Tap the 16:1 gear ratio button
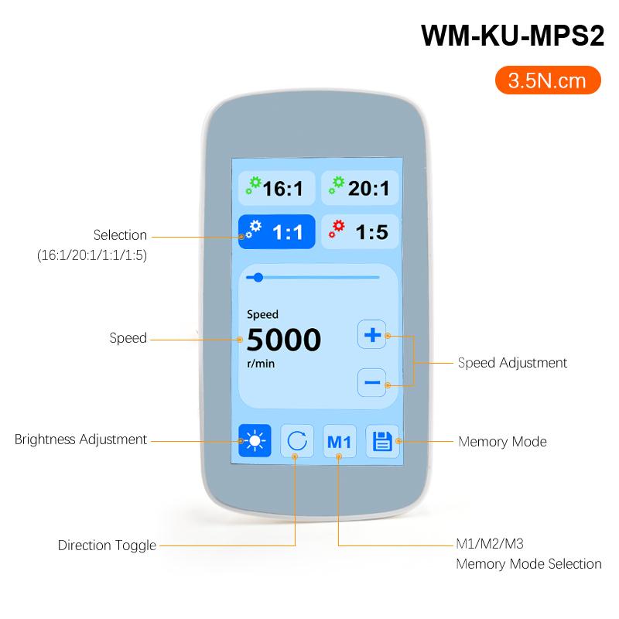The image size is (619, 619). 277,188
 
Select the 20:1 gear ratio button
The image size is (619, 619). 360,188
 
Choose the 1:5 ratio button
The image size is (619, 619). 360,231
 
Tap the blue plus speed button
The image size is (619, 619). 372,335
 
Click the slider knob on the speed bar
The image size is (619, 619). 258,278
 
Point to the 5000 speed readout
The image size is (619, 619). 284,340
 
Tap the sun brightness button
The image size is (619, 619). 255,440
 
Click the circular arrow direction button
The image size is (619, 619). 297,440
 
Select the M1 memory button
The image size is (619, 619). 340,441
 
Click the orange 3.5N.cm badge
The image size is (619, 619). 548,80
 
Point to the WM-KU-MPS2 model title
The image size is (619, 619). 512,36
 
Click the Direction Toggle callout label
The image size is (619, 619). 107,545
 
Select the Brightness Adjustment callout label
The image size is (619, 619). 80,439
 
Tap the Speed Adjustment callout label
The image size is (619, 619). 512,363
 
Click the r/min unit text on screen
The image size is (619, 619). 261,363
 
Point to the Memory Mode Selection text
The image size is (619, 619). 528,564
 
